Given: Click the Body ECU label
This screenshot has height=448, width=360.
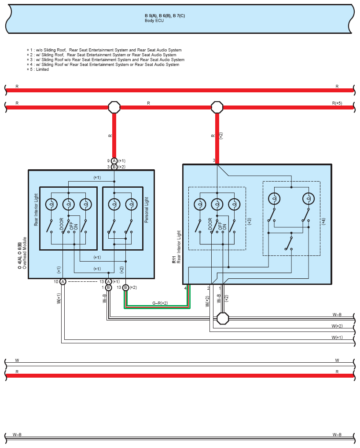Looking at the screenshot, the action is pos(154,21).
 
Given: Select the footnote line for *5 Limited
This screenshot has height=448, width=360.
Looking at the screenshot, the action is pos(38,69).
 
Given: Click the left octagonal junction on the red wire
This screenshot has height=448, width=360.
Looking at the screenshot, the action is pos(114,107).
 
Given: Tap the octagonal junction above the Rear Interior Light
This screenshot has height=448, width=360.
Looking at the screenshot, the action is pos(217,107).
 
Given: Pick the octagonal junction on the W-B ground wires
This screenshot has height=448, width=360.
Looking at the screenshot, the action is pos(223,319).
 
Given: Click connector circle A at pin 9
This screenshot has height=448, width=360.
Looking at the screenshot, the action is pos(114,161).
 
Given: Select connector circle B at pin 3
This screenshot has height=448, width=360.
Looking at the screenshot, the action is pos(114,167).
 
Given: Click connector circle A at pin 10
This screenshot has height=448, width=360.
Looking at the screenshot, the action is pos(62,282).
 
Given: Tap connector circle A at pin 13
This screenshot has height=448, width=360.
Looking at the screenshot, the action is pos(108,282).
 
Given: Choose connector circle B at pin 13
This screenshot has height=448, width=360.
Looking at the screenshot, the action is pos(125,288).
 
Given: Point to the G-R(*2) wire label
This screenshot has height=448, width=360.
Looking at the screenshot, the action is pos(160,303).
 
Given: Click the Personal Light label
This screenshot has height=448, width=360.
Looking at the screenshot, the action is pos(147,210).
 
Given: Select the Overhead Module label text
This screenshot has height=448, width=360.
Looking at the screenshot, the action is pos(25,253).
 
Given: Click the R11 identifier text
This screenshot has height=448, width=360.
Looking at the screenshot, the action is pos(174,260).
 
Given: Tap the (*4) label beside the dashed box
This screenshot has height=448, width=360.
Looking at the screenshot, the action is pos(323,222).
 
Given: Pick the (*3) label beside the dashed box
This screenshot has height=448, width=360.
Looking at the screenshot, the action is pos(249,222).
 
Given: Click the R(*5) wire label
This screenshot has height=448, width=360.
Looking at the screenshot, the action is pos(337,103).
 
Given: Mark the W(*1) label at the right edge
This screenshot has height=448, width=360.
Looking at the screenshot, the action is pos(337,337).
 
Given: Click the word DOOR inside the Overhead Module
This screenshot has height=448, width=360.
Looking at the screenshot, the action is pos(62,224).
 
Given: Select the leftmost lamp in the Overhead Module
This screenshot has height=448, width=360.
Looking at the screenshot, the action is pos(51,204).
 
